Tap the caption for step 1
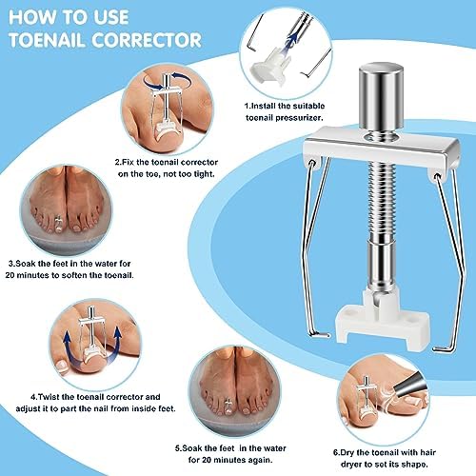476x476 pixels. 284,110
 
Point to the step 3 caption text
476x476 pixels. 72,268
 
